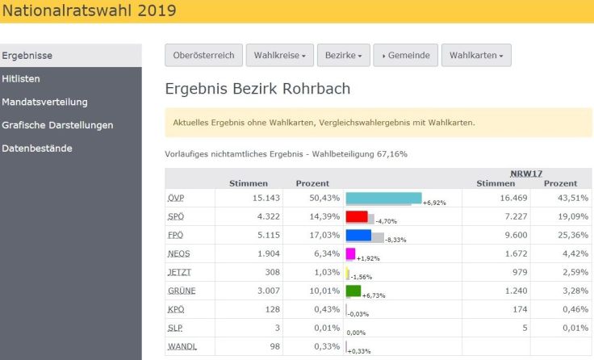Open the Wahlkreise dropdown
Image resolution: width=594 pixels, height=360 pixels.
[x=279, y=56]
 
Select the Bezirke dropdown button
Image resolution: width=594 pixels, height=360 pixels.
[x=343, y=56]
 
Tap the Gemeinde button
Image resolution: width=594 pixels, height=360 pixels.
[x=406, y=56]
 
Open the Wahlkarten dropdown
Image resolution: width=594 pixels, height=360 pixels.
[x=476, y=56]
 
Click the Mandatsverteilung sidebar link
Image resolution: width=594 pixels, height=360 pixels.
[x=44, y=103]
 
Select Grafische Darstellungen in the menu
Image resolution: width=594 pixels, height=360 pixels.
[x=57, y=125]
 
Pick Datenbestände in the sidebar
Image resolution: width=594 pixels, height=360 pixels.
[x=37, y=149]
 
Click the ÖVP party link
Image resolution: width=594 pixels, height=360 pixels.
[x=176, y=198]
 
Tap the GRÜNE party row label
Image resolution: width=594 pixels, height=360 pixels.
[x=182, y=291]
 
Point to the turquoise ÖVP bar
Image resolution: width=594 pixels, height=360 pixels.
[x=383, y=198]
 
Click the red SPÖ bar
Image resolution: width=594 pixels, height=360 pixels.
[x=357, y=216]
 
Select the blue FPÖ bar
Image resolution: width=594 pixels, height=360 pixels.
[x=358, y=235]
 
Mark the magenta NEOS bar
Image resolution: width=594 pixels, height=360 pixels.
[x=350, y=253]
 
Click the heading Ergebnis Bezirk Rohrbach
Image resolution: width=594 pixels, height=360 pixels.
[x=257, y=89]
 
